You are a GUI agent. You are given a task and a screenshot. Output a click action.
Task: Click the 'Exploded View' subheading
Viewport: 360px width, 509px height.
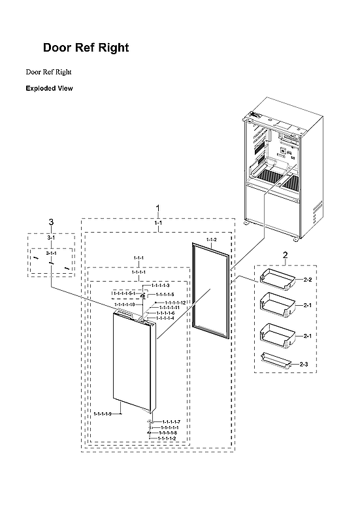point(49,88)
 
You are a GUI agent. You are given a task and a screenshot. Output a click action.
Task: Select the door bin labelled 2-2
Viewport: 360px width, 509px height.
point(276,277)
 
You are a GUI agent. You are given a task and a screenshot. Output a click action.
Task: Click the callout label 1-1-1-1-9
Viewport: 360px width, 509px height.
point(103,414)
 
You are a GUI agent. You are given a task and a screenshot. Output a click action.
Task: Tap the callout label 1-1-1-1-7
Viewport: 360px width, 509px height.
point(171,422)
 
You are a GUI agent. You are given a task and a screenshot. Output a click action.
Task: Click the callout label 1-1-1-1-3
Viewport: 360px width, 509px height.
point(160,286)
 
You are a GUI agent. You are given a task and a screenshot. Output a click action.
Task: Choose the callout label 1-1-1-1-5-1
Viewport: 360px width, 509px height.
point(124,294)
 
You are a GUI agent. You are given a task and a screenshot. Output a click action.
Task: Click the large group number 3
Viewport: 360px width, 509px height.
point(51,222)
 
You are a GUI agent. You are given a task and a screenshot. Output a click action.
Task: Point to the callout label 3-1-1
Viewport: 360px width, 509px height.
point(51,252)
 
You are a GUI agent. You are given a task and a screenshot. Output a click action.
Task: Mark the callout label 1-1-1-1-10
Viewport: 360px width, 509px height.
point(125,304)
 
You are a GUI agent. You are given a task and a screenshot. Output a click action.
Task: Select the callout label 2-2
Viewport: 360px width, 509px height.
point(308,280)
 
